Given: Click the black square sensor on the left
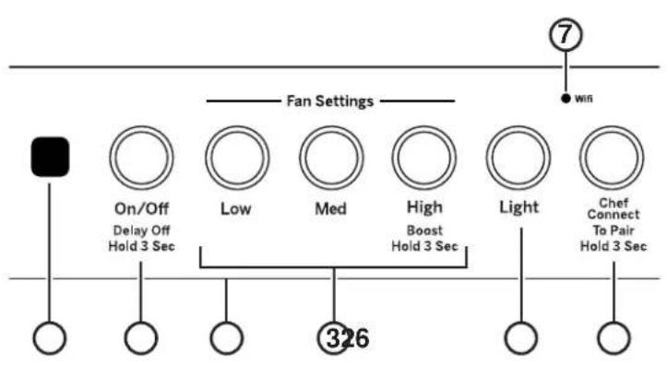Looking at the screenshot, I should (x=50, y=157).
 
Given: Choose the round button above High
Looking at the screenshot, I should (x=423, y=157).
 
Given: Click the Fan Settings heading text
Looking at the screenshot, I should (x=330, y=101).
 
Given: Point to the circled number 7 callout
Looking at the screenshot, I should (x=565, y=36).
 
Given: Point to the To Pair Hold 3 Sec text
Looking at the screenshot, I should (x=612, y=241).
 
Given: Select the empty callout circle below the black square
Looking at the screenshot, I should (x=50, y=338).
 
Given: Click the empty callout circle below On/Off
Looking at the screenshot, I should (x=139, y=338).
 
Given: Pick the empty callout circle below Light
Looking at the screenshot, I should (x=519, y=338).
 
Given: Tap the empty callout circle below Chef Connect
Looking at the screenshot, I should (x=612, y=338).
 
